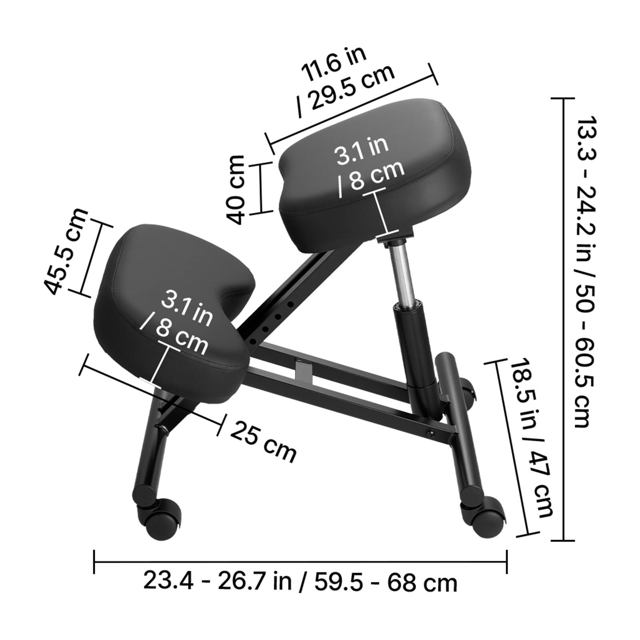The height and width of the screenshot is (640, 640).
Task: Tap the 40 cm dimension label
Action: tap(236, 189)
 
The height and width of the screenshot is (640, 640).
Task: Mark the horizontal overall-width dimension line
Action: tap(300, 562)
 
